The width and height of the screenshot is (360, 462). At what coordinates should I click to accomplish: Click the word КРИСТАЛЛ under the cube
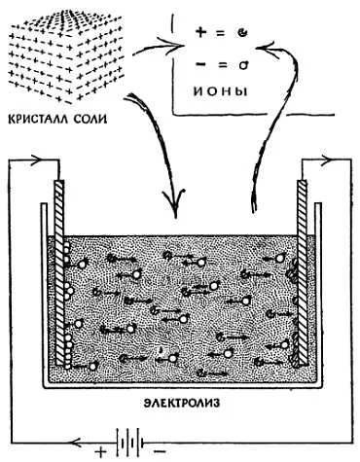click(38, 120)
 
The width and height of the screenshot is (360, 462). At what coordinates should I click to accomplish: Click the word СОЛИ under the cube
click(90, 120)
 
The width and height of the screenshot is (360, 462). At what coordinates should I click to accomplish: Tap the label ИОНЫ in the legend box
click(221, 91)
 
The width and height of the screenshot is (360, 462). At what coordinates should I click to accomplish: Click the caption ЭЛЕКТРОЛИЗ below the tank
click(182, 403)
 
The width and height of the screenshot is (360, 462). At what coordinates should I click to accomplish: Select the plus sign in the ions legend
click(201, 32)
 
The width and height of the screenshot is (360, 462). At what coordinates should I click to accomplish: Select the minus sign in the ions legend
click(201, 64)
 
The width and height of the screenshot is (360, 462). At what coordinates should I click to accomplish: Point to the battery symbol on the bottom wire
click(129, 441)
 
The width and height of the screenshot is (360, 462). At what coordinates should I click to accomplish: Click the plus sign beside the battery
click(101, 451)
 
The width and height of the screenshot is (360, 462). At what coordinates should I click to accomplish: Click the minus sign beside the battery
click(160, 451)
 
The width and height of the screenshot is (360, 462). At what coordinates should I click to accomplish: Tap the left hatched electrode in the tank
click(60, 272)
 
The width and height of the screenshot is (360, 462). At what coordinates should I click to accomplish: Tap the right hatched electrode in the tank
click(302, 272)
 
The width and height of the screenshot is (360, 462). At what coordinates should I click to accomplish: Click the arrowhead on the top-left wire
click(38, 160)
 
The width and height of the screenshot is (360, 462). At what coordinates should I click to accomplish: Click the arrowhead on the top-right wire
click(327, 160)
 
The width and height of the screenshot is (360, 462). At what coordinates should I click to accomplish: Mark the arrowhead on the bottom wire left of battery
click(78, 441)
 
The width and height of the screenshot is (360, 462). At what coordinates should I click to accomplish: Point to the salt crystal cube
click(66, 56)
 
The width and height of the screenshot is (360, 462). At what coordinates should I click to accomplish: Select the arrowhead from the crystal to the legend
click(172, 46)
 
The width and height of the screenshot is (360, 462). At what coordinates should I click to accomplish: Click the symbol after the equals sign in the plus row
click(242, 33)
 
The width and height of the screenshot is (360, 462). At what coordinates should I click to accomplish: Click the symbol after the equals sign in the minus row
click(242, 65)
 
